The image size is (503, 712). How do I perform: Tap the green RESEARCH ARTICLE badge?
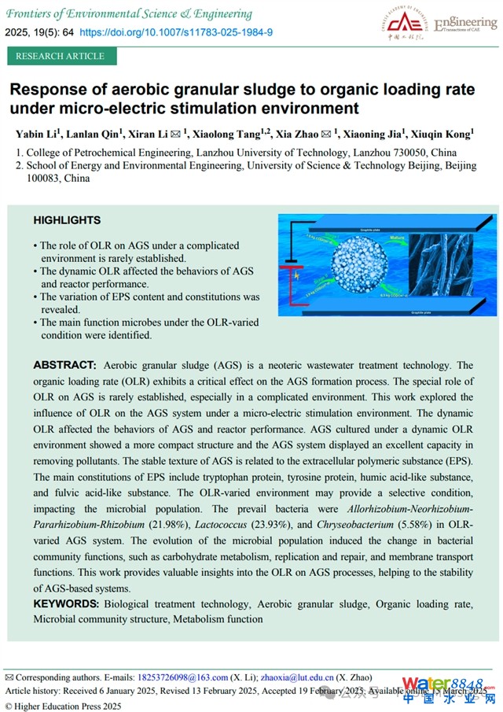[60, 56]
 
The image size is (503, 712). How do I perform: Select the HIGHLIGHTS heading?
[67, 220]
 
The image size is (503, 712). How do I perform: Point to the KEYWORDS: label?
[66, 604]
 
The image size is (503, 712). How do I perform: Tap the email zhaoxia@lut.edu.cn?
[298, 677]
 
